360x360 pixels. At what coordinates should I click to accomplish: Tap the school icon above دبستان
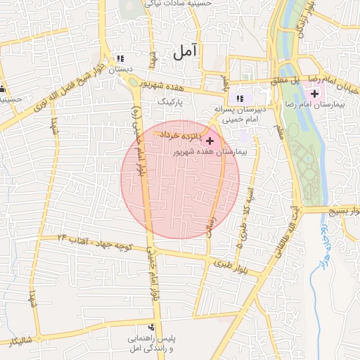(120, 58)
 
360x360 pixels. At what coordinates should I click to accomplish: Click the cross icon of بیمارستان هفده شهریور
(210, 141)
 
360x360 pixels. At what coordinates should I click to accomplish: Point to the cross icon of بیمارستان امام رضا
(314, 94)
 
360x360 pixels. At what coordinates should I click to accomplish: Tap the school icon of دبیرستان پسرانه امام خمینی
(240, 98)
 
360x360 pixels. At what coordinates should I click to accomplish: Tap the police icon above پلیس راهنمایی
(151, 327)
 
